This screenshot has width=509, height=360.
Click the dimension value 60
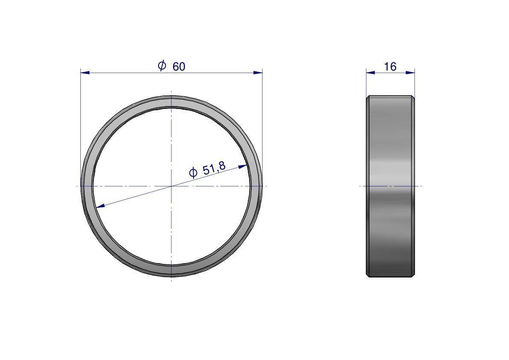click(x=179, y=67)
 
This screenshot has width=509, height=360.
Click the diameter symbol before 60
click(x=162, y=65)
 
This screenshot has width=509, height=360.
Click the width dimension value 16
click(x=390, y=67)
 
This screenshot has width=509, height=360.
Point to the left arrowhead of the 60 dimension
click(x=85, y=72)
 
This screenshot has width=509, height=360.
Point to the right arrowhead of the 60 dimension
click(x=258, y=72)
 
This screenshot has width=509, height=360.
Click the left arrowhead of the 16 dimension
click(x=371, y=72)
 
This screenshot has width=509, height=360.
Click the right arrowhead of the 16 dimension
click(x=410, y=72)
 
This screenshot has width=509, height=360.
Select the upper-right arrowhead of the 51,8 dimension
click(x=242, y=166)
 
